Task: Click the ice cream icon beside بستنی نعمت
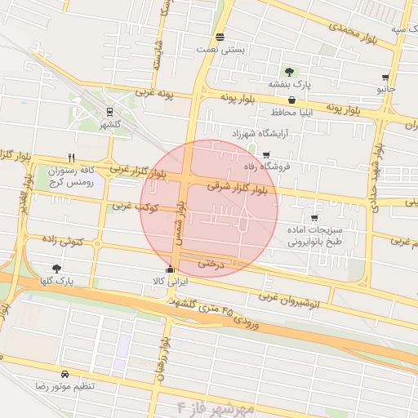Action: point(220,37)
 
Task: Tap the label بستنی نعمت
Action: point(220,50)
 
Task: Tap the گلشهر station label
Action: point(109,125)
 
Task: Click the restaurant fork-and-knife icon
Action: point(72,158)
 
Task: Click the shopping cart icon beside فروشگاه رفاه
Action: point(266,155)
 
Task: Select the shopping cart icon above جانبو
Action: point(385,78)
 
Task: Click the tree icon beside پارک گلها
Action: point(56,269)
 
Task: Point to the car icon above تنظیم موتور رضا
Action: point(64,373)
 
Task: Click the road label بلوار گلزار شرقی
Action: point(242,187)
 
